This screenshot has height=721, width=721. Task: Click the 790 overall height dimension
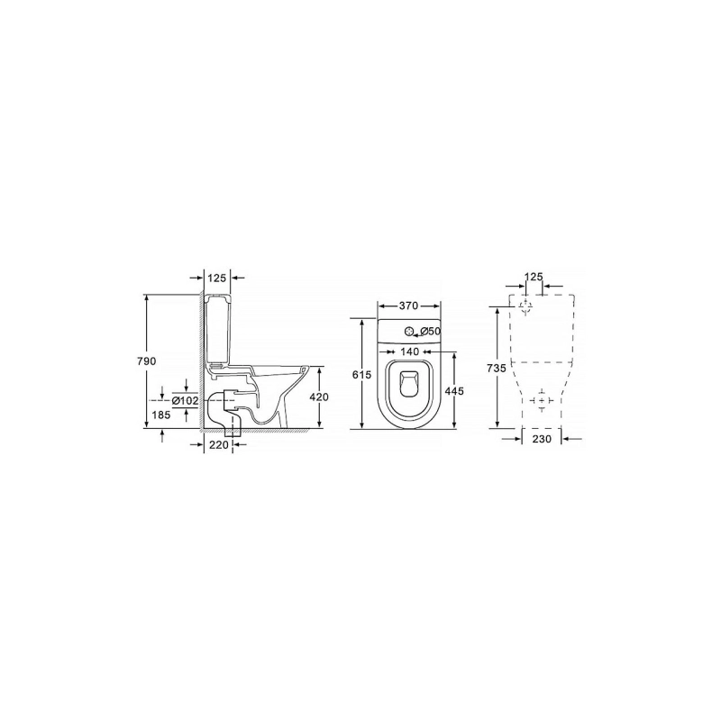[146, 361]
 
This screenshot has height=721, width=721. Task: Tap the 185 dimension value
[161, 415]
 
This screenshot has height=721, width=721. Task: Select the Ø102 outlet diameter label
[186, 401]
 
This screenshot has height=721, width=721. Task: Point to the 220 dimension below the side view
[219, 444]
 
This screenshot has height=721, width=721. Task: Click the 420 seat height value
[319, 397]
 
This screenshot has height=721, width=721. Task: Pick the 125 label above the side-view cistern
[217, 278]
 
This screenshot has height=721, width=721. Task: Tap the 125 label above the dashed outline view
[534, 277]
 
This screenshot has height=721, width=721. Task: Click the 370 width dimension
[408, 306]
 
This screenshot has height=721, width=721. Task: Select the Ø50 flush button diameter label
[431, 331]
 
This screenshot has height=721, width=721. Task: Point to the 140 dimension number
[410, 351]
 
